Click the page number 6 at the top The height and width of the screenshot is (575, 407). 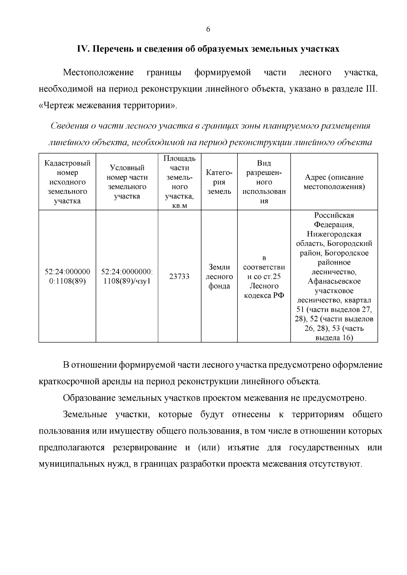(208, 29)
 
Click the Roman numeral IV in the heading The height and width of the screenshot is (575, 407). (82, 49)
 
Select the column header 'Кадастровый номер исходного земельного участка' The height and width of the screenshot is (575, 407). (67, 182)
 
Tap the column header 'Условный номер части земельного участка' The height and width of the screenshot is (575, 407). (127, 182)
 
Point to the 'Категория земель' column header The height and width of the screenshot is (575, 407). (219, 182)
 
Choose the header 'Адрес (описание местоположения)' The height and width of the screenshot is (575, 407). (334, 182)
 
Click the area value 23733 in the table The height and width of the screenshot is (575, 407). (179, 276)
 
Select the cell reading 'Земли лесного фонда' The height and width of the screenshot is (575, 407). (219, 276)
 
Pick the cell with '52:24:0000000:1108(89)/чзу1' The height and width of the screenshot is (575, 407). (127, 276)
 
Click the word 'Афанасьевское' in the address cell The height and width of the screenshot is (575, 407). (334, 281)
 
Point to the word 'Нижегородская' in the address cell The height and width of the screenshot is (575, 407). (334, 234)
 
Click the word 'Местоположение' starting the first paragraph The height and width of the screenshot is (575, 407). (98, 73)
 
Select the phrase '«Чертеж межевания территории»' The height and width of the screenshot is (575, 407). (108, 105)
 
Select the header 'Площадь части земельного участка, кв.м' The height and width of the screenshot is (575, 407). (179, 182)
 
